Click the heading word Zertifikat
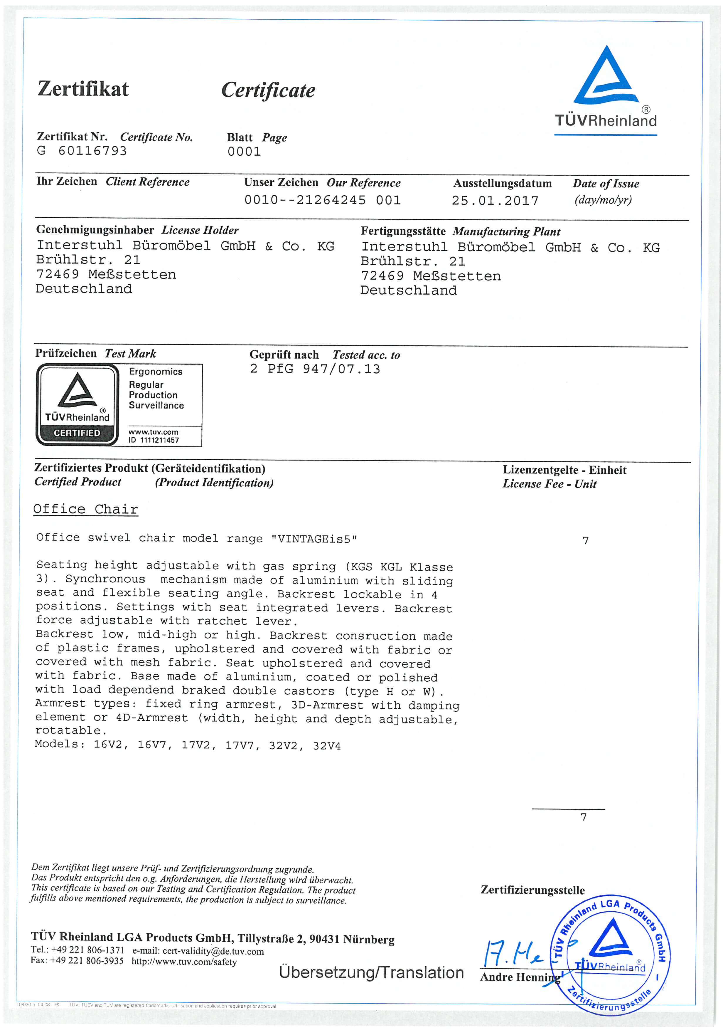coord(83,88)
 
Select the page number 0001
coord(244,152)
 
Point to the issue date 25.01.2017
coord(495,201)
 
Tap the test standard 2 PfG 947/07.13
coord(315,369)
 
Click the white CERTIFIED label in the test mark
coord(77,433)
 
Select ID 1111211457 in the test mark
coord(154,440)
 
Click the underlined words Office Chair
coord(86,509)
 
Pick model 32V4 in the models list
coord(327,746)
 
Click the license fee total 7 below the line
coord(584,817)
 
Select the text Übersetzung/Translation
coord(371,972)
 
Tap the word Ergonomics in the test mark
coord(156,372)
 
